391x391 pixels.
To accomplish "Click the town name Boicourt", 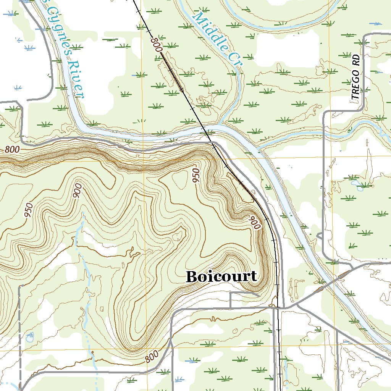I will [x=221, y=276].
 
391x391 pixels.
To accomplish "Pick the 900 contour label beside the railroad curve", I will [x=255, y=222].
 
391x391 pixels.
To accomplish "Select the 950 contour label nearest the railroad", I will [x=196, y=175].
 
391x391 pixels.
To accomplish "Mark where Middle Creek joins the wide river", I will [x=220, y=124].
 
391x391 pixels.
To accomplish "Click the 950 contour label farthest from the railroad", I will [x=28, y=210].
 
